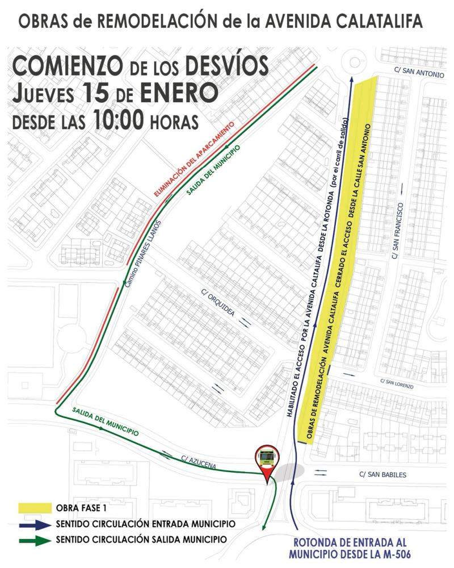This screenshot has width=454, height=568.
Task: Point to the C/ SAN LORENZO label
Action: (x=397, y=383)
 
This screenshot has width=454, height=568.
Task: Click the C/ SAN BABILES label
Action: (x=382, y=474)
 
